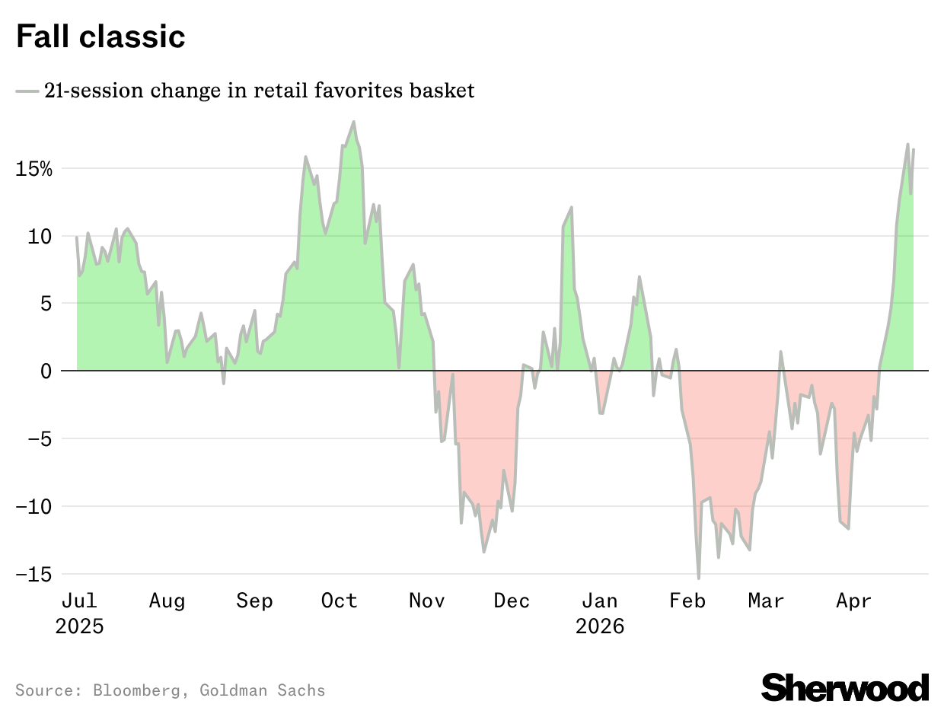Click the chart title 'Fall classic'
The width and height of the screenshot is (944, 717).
[100, 37]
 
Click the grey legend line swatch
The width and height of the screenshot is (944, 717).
[27, 91]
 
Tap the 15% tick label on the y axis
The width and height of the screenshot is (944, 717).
[34, 169]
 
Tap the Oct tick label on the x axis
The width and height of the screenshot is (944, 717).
[339, 601]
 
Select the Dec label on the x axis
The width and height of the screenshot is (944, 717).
[512, 601]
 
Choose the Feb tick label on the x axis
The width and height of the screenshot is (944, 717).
[687, 601]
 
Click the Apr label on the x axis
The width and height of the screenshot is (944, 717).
[853, 601]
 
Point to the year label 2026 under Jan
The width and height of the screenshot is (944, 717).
[600, 627]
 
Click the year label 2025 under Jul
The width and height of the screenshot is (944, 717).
[79, 627]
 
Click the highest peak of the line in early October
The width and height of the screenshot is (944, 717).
[353, 122]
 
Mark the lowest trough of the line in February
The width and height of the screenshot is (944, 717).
[698, 578]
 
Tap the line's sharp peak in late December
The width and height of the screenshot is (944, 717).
[571, 207]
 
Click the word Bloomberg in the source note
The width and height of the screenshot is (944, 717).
[137, 691]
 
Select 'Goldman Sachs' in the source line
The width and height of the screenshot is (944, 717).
[263, 691]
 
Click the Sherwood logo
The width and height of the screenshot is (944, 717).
[845, 687]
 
